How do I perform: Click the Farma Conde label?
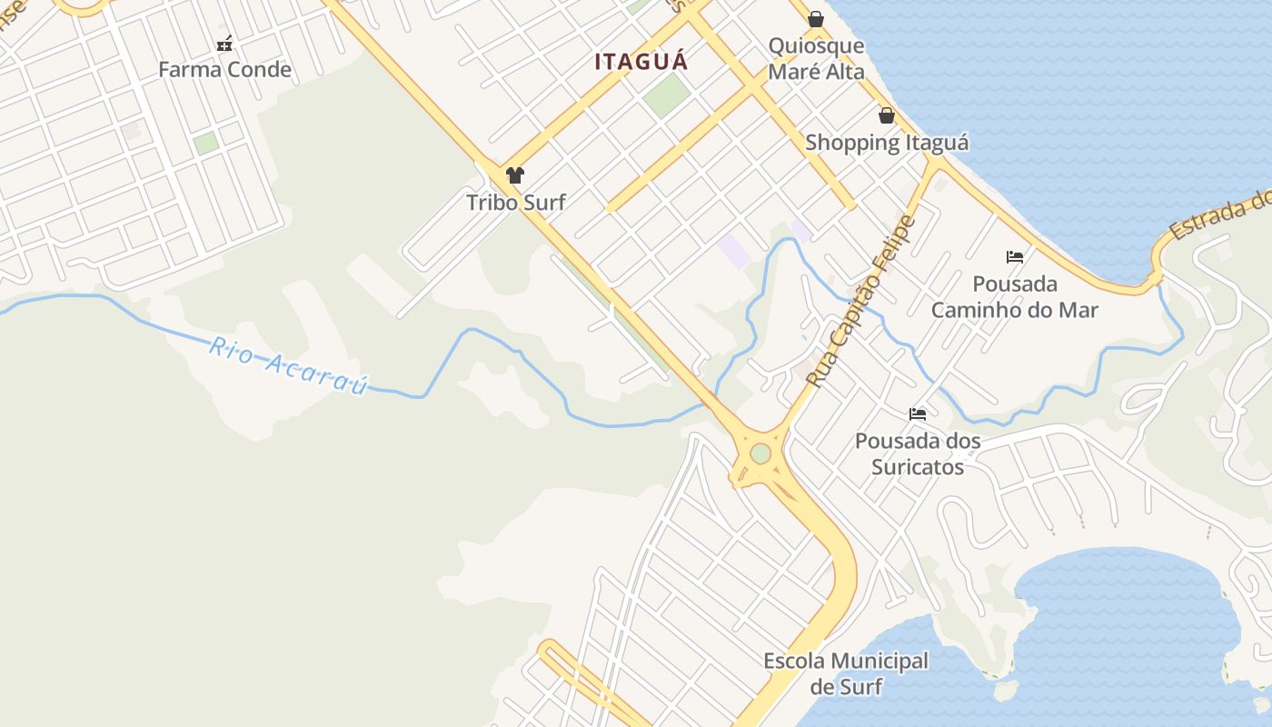click(224, 70)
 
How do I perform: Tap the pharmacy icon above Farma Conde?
click(224, 43)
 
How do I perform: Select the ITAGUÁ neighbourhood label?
click(641, 62)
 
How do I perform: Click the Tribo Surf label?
click(516, 203)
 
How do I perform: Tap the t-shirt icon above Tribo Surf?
click(515, 175)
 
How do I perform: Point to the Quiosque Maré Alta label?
click(816, 58)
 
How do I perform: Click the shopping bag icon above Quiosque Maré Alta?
click(816, 18)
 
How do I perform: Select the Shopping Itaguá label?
click(887, 143)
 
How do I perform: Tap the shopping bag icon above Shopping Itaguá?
click(887, 115)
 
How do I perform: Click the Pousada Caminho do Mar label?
click(1015, 297)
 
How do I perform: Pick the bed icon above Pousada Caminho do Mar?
click(1015, 257)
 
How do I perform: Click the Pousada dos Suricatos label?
click(918, 453)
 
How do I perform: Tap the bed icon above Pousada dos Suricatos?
click(918, 414)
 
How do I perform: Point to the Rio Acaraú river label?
click(288, 364)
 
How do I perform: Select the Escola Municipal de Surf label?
click(846, 673)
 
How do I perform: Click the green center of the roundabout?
click(760, 453)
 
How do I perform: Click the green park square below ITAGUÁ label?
click(668, 95)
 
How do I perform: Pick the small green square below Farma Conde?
click(206, 143)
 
